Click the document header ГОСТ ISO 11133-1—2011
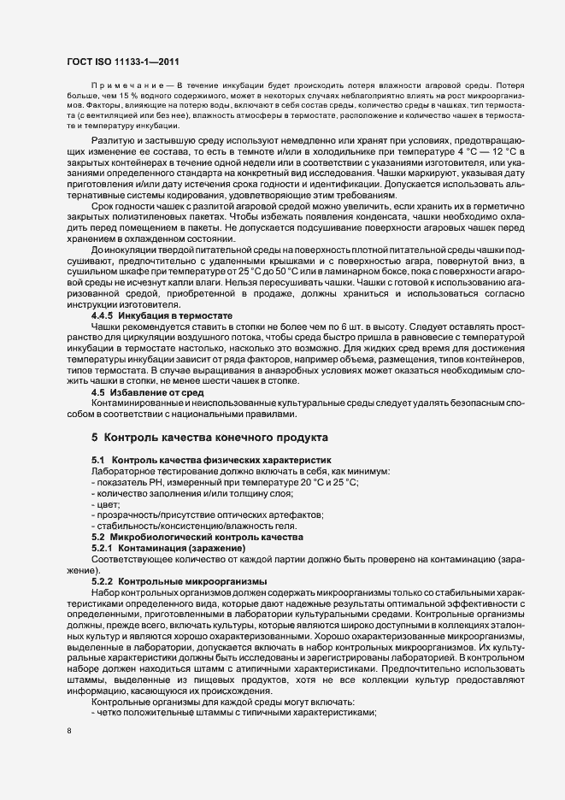[122, 61]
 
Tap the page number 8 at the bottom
[68, 732]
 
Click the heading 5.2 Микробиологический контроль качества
[197, 537]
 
